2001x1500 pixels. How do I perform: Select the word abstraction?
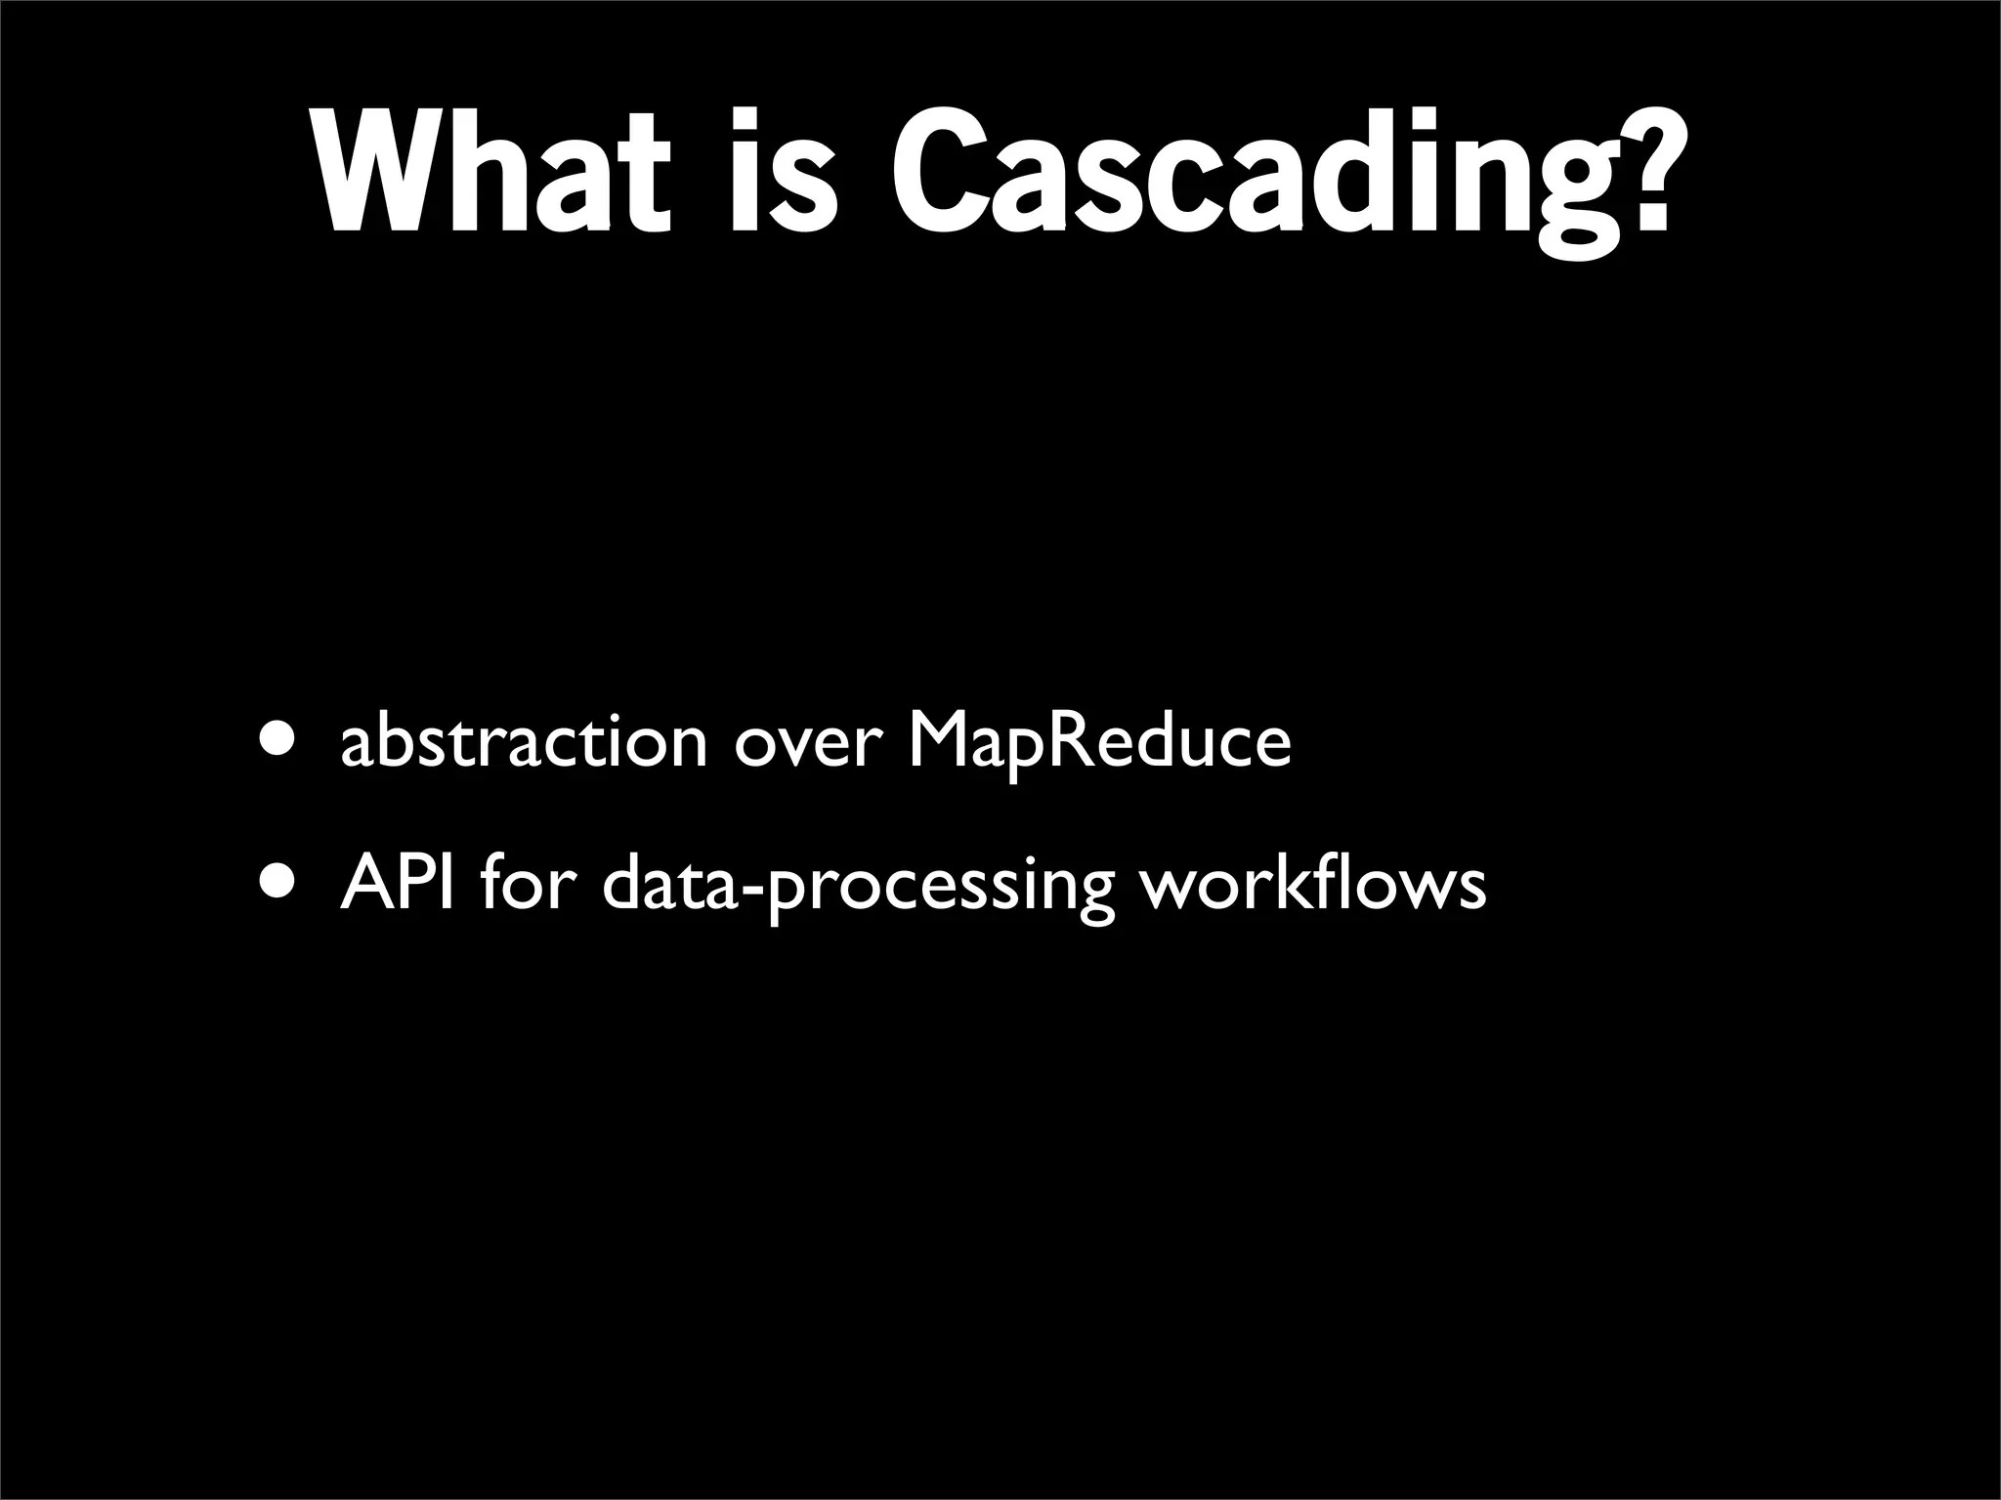(x=523, y=742)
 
